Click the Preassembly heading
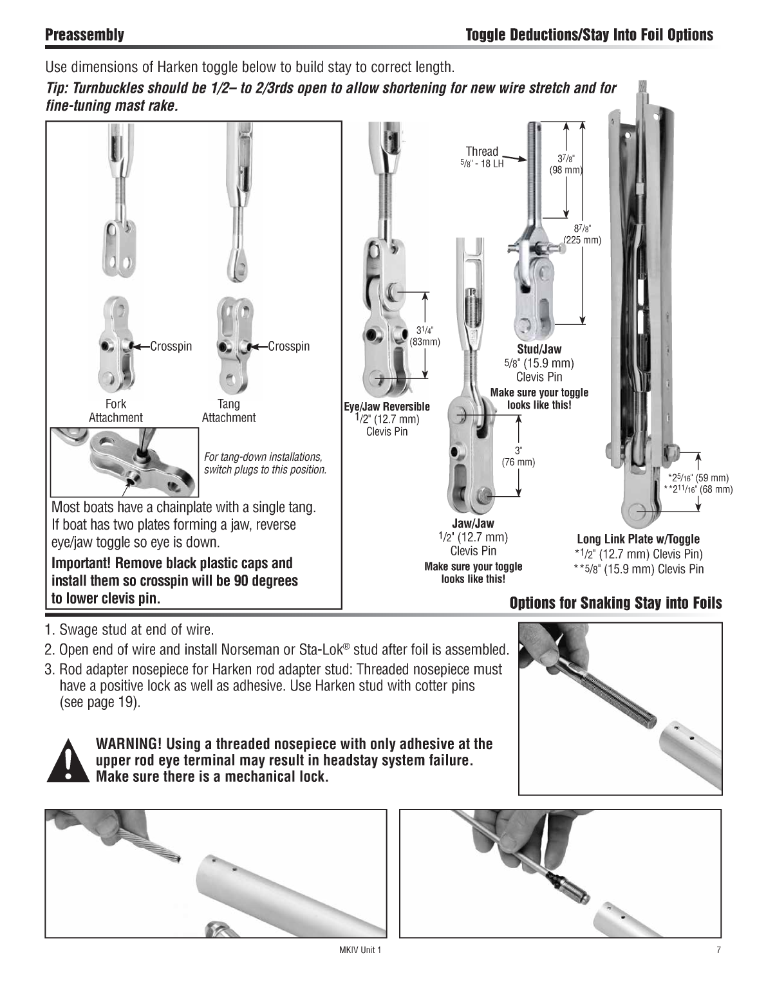coord(84,35)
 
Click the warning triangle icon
coord(68,760)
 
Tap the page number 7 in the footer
coord(718,950)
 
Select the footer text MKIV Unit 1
coord(360,950)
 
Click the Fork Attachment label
coord(115,411)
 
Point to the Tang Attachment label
coord(229,411)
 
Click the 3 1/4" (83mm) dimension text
coord(425,336)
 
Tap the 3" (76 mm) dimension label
coord(518,456)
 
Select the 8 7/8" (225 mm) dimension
coord(582,234)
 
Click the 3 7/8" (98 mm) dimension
coord(566,164)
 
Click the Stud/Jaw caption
coord(539,349)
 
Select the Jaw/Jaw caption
coord(473,523)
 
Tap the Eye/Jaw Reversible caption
coord(387,406)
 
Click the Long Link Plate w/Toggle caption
coord(639,539)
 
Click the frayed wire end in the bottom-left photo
coord(174,857)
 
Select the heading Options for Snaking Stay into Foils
coord(616,603)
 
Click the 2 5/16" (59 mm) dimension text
coord(698,478)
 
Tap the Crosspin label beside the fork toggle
coord(171,346)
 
